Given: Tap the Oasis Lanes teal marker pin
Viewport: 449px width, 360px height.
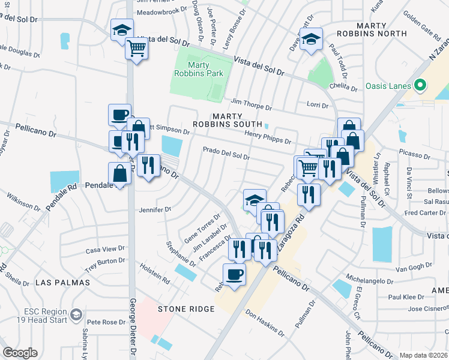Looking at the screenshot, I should (x=421, y=85).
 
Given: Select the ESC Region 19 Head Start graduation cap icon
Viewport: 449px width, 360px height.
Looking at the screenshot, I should (x=76, y=314).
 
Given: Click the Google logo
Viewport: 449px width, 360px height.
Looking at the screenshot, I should (x=20, y=353).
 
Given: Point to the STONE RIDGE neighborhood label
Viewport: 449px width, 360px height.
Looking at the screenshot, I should (x=186, y=309).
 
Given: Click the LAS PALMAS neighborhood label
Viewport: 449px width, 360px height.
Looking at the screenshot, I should (x=62, y=282).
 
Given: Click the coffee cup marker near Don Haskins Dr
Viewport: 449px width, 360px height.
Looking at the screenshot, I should (x=234, y=274).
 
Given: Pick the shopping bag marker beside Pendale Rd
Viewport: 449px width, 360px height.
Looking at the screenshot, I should (x=119, y=173).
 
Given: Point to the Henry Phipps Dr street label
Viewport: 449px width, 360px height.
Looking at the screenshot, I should (x=268, y=137).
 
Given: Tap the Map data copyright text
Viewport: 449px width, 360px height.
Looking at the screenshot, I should (x=423, y=355).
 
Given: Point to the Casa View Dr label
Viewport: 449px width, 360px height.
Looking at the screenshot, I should (x=105, y=248).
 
